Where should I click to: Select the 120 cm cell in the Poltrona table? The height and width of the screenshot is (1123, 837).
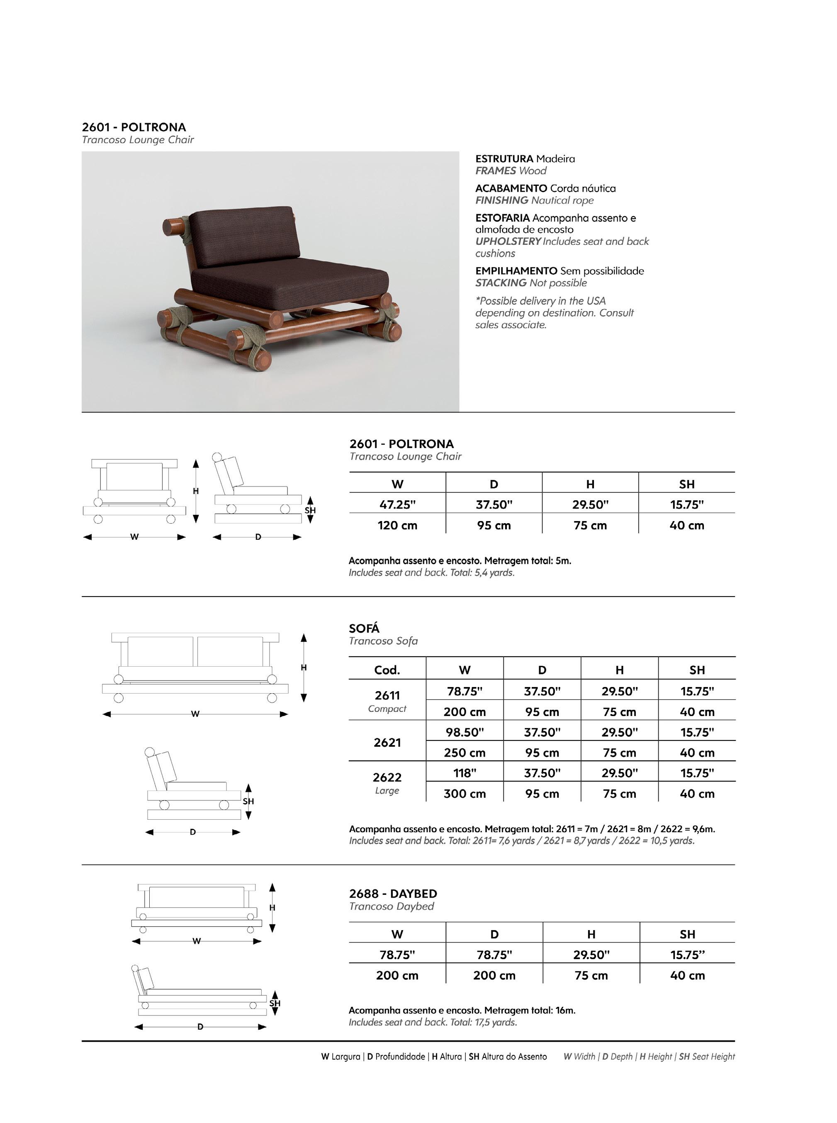click(x=397, y=525)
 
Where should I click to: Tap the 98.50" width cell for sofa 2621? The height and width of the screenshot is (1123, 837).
click(x=465, y=732)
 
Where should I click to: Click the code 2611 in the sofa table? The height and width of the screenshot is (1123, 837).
click(x=387, y=695)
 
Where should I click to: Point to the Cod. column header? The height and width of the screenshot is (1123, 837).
click(x=387, y=670)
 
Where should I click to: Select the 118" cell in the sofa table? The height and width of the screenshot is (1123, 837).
click(x=465, y=773)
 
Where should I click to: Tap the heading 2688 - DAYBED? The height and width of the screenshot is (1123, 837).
click(x=393, y=894)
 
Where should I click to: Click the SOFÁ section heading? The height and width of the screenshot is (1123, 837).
click(x=364, y=628)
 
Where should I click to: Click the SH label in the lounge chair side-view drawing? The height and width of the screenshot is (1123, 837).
click(x=310, y=510)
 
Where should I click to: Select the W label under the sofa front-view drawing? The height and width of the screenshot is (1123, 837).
click(x=195, y=714)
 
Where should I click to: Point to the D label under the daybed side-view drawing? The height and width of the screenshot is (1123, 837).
click(x=200, y=1027)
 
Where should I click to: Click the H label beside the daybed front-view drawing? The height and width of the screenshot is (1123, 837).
click(x=272, y=908)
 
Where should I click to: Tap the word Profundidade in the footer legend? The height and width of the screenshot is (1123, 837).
click(x=400, y=1057)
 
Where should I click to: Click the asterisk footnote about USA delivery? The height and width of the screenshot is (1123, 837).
click(x=554, y=313)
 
